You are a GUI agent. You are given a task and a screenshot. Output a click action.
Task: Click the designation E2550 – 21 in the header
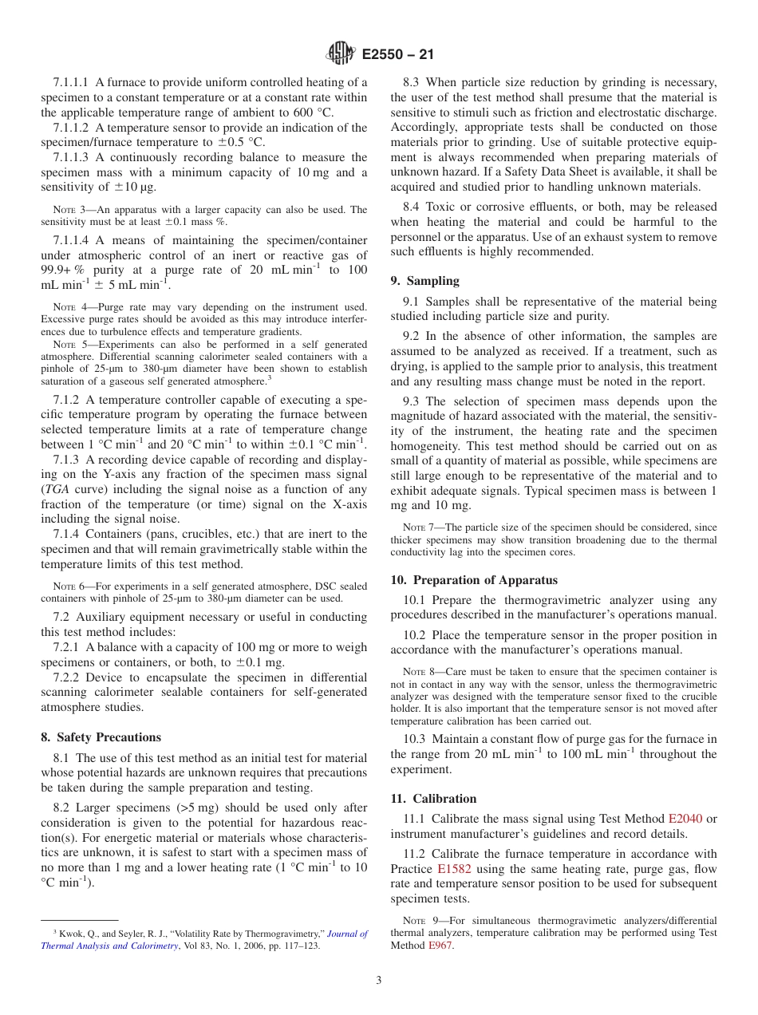click(x=397, y=55)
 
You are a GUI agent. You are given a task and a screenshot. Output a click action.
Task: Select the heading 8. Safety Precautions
click(x=101, y=737)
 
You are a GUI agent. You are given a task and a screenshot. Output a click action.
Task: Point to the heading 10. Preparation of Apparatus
click(x=474, y=580)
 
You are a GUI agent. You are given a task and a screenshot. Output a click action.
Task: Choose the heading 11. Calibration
click(x=433, y=799)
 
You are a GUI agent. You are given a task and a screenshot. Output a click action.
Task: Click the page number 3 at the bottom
click(x=379, y=981)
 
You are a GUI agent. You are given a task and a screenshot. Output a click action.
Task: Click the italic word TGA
click(x=54, y=490)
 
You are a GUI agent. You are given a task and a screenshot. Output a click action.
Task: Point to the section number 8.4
click(x=412, y=207)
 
